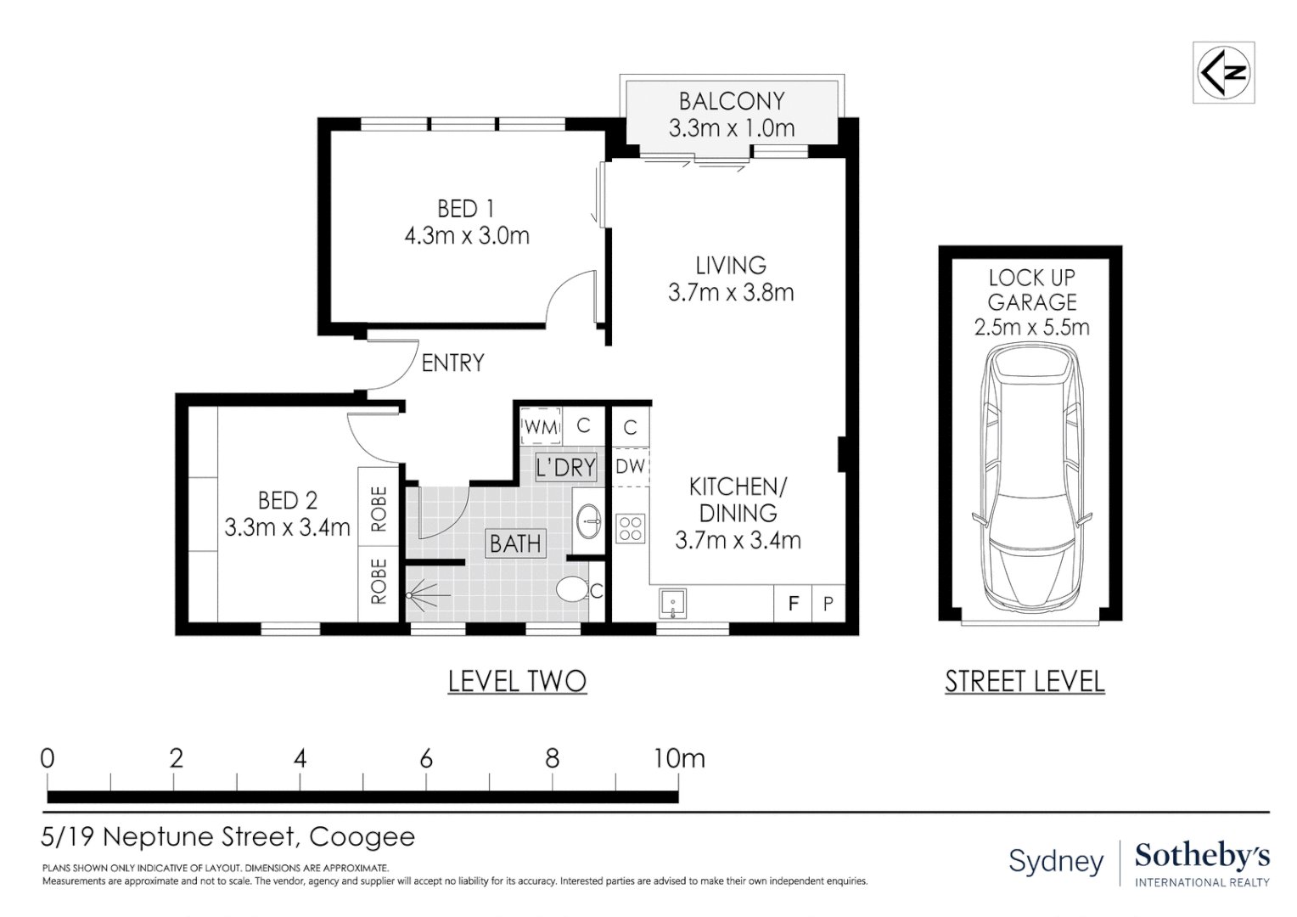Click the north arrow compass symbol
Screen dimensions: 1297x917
coord(1223,72)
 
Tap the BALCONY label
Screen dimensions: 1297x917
coord(732,101)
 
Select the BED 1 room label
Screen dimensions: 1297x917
coord(465,209)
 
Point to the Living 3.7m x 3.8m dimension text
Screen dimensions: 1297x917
coord(731,293)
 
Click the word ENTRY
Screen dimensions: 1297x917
coord(452,363)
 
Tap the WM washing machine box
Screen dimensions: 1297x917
coord(541,427)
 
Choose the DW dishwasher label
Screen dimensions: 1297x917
coord(630,466)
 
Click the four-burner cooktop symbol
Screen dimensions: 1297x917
coord(631,528)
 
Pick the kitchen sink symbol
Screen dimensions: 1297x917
coord(672,604)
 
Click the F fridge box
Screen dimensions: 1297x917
coord(794,604)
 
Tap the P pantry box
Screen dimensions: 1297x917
coord(828,604)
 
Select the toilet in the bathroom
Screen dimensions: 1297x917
coord(573,590)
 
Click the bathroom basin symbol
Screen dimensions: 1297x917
coord(590,520)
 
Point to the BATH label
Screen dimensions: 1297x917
coord(515,543)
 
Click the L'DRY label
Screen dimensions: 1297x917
coord(565,466)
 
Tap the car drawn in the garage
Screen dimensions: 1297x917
coord(1031,479)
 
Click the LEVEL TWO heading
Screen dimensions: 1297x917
coord(517,681)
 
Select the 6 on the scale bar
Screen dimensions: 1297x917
coord(426,758)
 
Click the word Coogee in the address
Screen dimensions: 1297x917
coord(362,836)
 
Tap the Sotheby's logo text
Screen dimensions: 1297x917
coord(1202,857)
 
